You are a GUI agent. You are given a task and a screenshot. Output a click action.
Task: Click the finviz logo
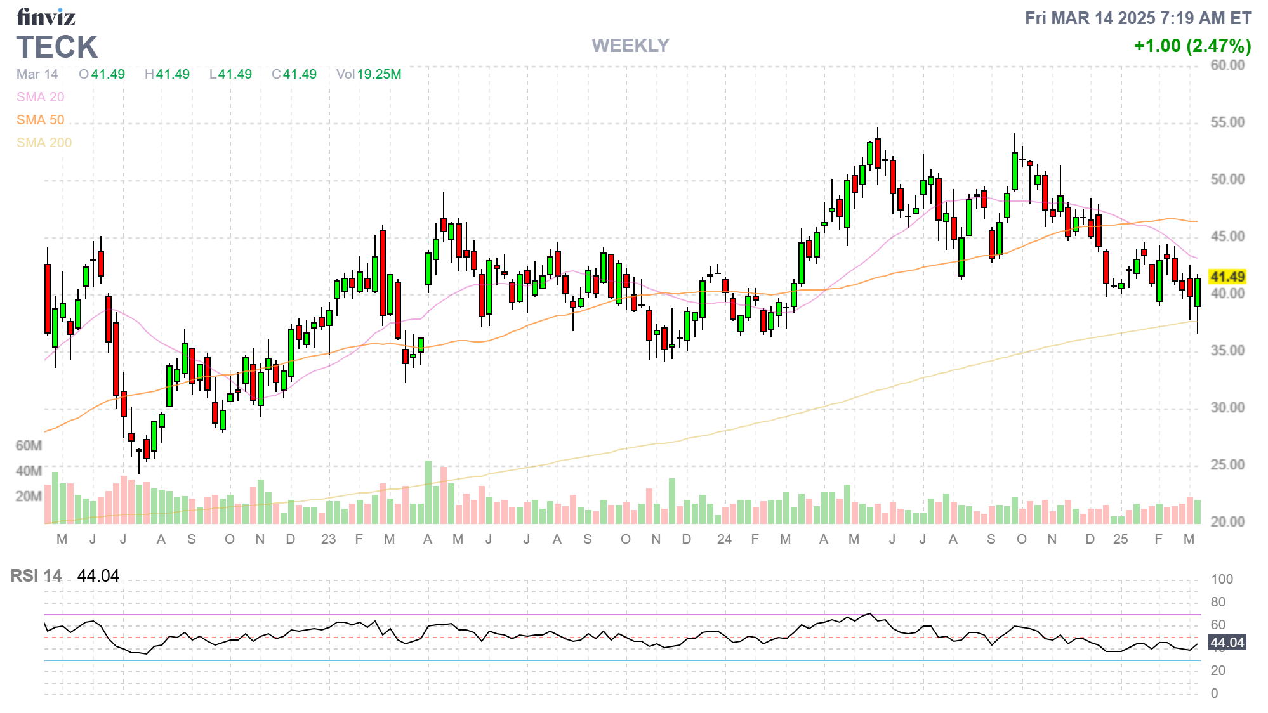(x=46, y=16)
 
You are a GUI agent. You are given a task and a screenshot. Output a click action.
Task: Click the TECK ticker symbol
(x=57, y=47)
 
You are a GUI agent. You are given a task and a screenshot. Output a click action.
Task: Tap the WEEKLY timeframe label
(x=630, y=46)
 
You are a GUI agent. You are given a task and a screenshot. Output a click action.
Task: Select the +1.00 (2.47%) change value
(x=1192, y=46)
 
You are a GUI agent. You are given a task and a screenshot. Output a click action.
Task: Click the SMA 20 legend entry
(x=40, y=97)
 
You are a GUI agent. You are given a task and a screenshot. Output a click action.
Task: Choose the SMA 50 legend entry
(x=40, y=120)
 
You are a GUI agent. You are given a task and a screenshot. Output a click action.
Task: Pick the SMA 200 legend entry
(x=44, y=143)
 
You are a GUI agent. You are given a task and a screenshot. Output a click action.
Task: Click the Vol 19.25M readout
(x=369, y=74)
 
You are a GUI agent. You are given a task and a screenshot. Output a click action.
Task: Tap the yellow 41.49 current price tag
(x=1227, y=277)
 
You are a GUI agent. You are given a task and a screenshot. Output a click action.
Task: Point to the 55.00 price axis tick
(x=1227, y=122)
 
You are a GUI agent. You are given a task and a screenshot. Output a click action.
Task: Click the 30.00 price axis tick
(x=1227, y=407)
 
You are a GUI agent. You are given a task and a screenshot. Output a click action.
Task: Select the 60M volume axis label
(x=29, y=445)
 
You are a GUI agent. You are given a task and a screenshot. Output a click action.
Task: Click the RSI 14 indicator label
(x=36, y=575)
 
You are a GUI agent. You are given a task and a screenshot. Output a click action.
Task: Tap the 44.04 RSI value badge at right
(x=1227, y=642)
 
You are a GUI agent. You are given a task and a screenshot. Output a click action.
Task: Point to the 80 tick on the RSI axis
(x=1218, y=601)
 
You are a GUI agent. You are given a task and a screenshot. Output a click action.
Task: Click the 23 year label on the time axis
(x=328, y=539)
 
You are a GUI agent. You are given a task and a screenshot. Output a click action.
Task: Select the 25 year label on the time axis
(x=1120, y=539)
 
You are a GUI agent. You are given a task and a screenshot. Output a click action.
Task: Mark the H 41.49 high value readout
(x=167, y=74)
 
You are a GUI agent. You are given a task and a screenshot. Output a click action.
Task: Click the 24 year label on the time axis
(x=724, y=539)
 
